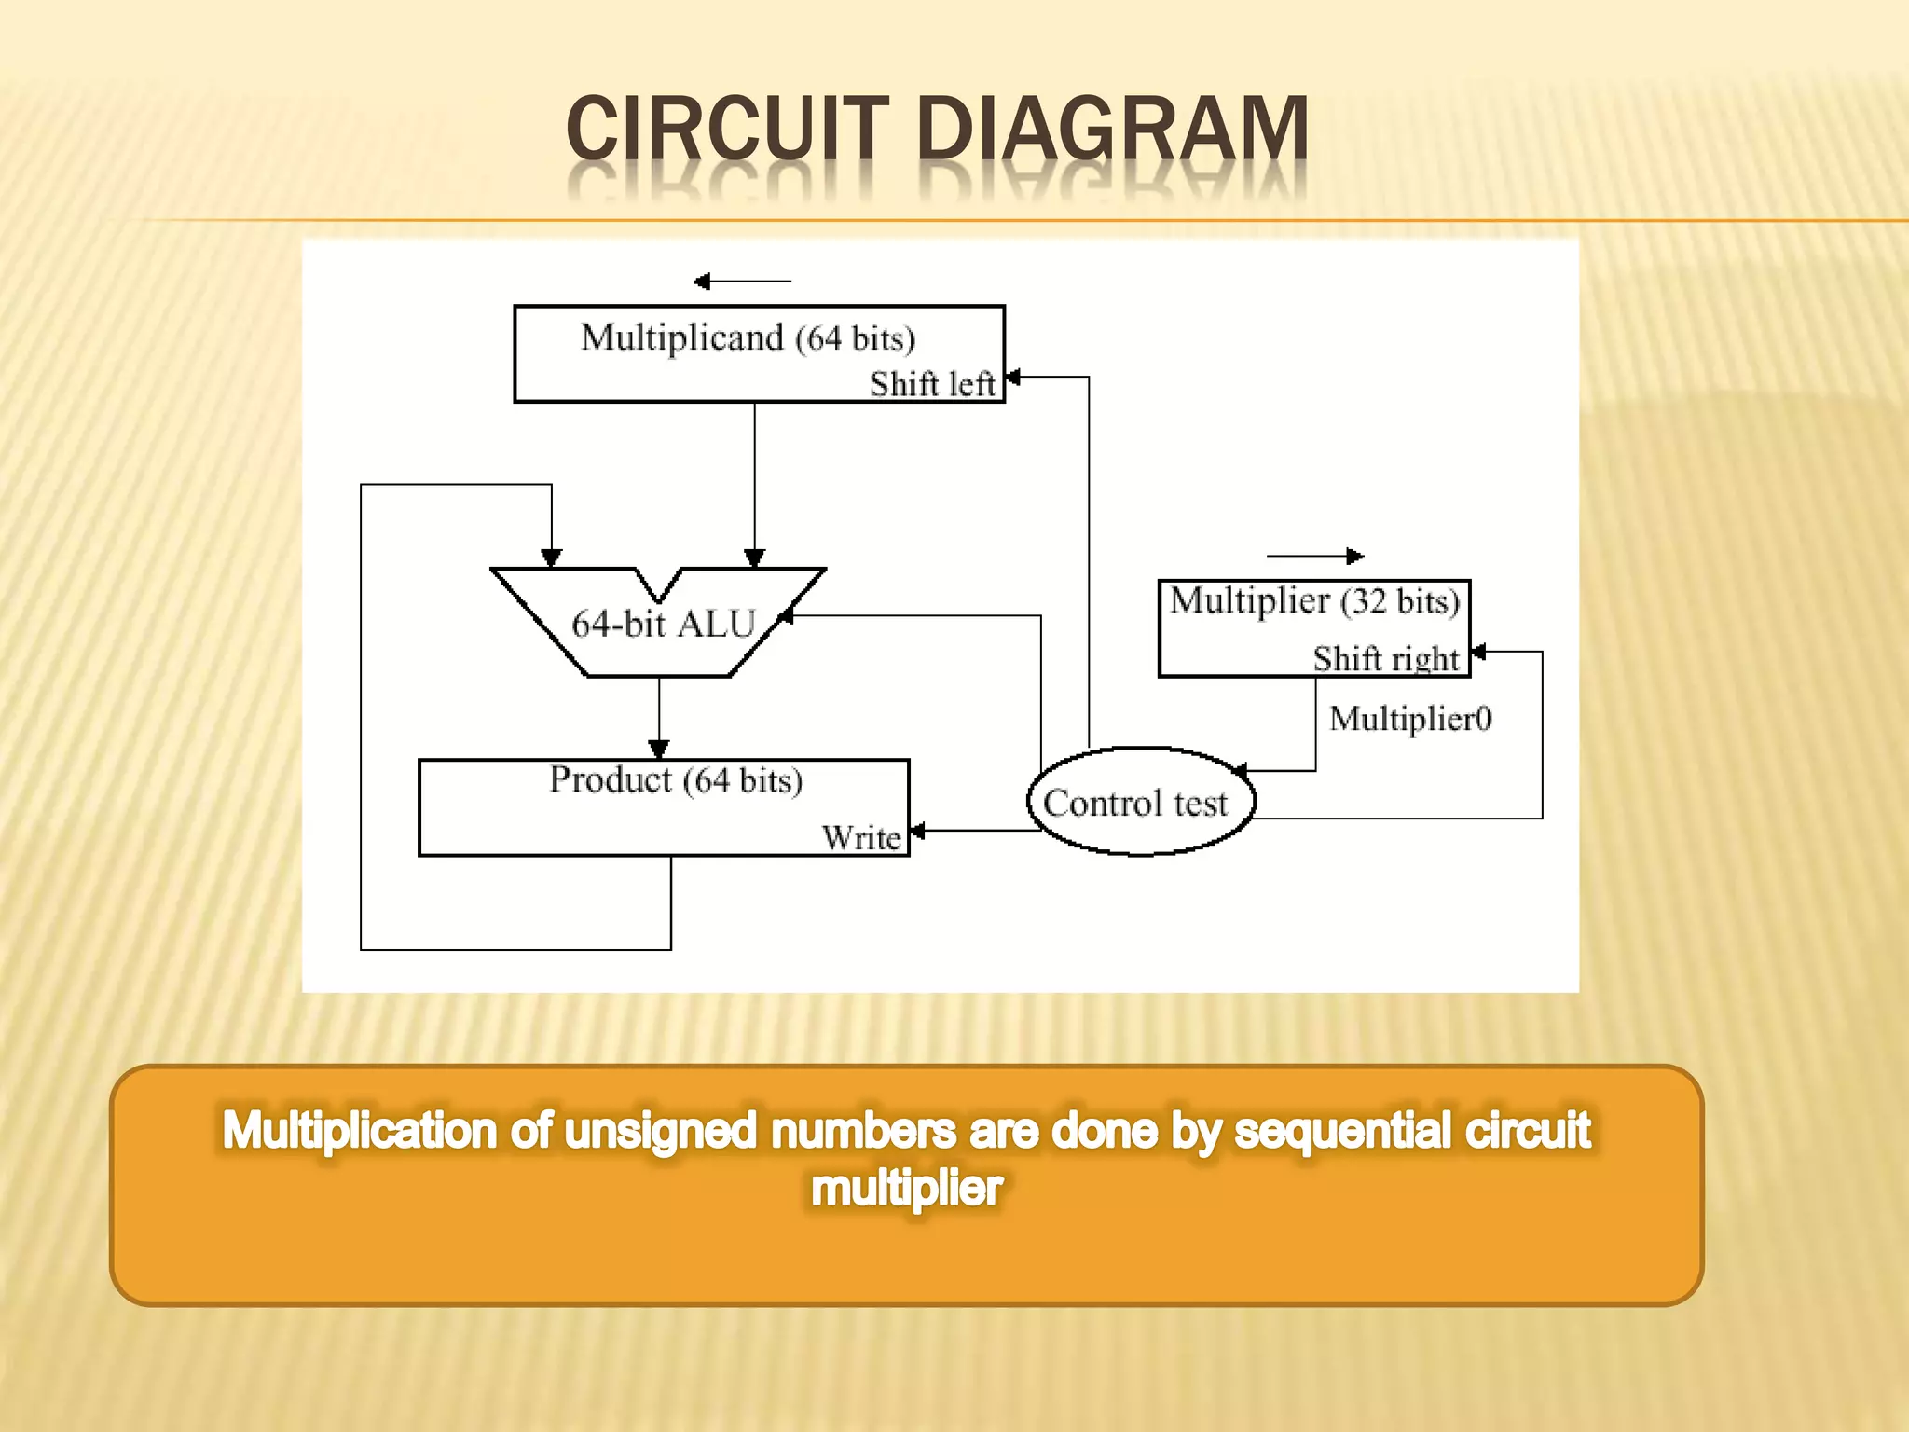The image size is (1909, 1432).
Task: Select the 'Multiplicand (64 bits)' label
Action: coord(748,337)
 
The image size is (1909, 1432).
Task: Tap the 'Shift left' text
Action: coord(931,384)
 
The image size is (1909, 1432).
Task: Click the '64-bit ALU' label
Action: coord(663,624)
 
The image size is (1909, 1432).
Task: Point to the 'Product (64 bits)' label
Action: coord(676,779)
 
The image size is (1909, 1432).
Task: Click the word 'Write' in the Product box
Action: coord(861,837)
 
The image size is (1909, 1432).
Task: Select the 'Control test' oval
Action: coord(1140,802)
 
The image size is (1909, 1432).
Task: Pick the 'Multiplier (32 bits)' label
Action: coord(1314,601)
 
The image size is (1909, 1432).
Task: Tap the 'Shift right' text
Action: coord(1385,658)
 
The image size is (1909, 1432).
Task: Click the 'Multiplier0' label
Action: coord(1409,719)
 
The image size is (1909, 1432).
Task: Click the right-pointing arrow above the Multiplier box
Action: coord(1354,557)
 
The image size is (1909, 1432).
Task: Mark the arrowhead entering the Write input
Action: coord(917,831)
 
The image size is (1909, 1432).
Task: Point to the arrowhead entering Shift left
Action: coord(1013,377)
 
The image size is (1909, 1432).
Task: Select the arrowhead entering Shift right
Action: coord(1478,652)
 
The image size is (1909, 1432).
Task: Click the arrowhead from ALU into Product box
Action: coord(659,750)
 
